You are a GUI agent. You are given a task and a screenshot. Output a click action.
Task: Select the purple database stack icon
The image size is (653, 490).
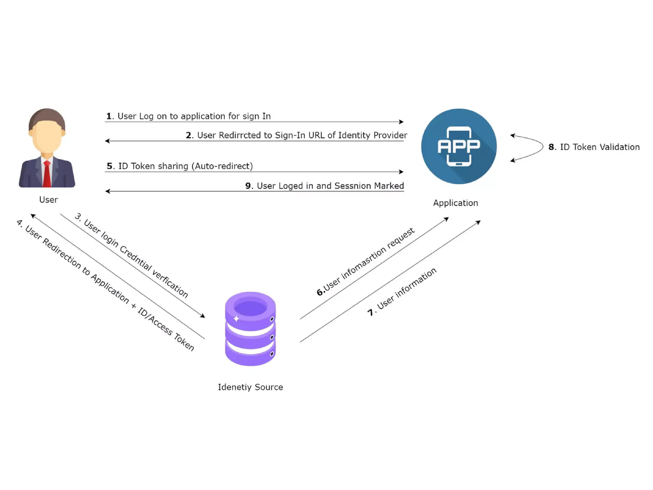pos(250,329)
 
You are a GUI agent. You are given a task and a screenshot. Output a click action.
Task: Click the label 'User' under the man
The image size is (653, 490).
pos(48,200)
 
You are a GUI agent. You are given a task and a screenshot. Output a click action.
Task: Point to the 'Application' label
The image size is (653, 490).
pos(455,203)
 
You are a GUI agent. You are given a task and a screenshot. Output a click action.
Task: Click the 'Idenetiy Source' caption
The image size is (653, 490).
pos(250,387)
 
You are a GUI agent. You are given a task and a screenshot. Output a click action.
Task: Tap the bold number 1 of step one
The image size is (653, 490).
pos(109,116)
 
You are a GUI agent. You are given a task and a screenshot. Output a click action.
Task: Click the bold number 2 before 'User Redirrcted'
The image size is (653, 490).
pos(188,135)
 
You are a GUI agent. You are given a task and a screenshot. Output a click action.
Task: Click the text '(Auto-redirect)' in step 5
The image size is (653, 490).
pos(222,166)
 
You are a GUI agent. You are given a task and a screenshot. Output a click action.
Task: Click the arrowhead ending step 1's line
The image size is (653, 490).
pos(401,122)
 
